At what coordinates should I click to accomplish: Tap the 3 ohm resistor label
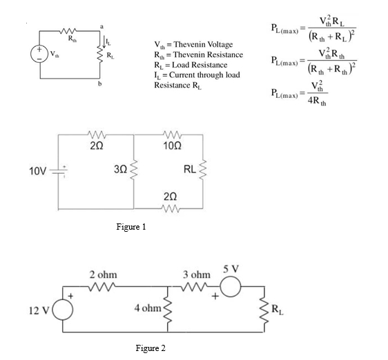point(195,274)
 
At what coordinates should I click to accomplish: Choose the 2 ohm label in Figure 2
point(101,274)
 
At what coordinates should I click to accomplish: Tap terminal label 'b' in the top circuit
point(101,83)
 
